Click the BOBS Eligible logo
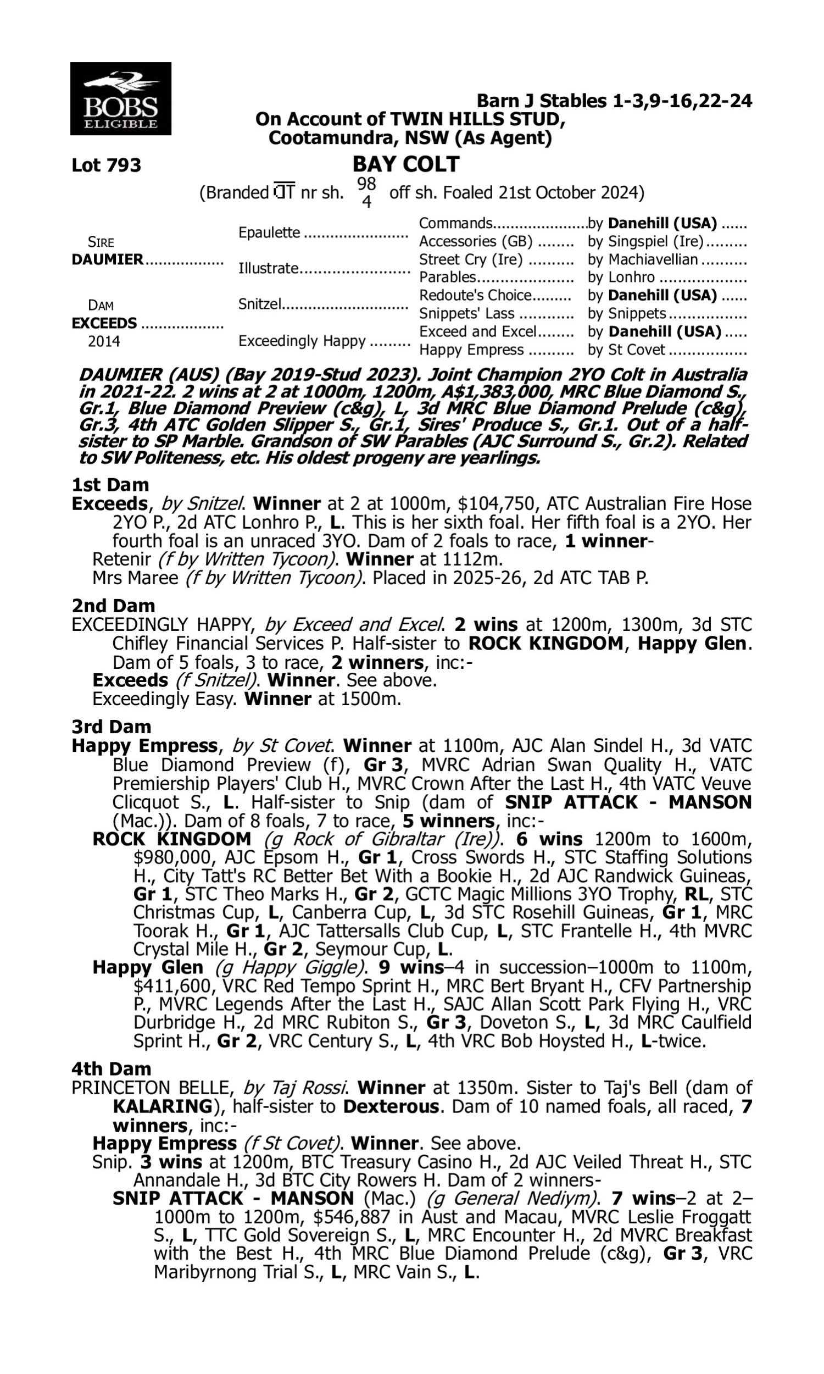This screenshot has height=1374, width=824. (x=120, y=98)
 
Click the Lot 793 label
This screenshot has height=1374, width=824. (x=107, y=165)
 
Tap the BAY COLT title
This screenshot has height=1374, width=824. (x=406, y=164)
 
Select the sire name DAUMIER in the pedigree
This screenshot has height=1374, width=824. (x=108, y=259)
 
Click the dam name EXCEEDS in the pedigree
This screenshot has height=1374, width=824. (x=104, y=323)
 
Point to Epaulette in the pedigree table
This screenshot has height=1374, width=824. (x=269, y=232)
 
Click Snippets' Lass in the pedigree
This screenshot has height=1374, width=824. (x=466, y=314)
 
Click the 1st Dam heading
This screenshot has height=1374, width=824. (x=110, y=485)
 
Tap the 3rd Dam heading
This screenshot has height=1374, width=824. (x=112, y=727)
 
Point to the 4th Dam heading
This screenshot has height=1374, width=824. (x=111, y=1068)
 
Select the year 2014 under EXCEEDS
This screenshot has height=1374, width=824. (x=104, y=341)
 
